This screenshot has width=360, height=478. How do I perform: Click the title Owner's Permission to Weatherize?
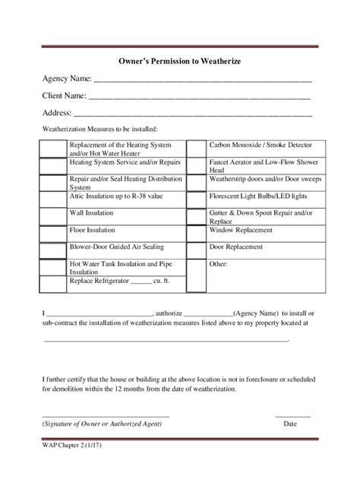(180, 59)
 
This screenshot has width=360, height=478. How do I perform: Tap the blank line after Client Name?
(200, 98)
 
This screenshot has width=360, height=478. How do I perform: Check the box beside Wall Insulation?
(54, 213)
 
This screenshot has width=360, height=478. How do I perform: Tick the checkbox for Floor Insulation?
(54, 229)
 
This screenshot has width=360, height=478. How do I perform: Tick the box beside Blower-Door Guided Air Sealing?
(54, 247)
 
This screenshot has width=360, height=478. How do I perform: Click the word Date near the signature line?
(290, 425)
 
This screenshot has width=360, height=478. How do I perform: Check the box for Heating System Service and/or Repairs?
(54, 163)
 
